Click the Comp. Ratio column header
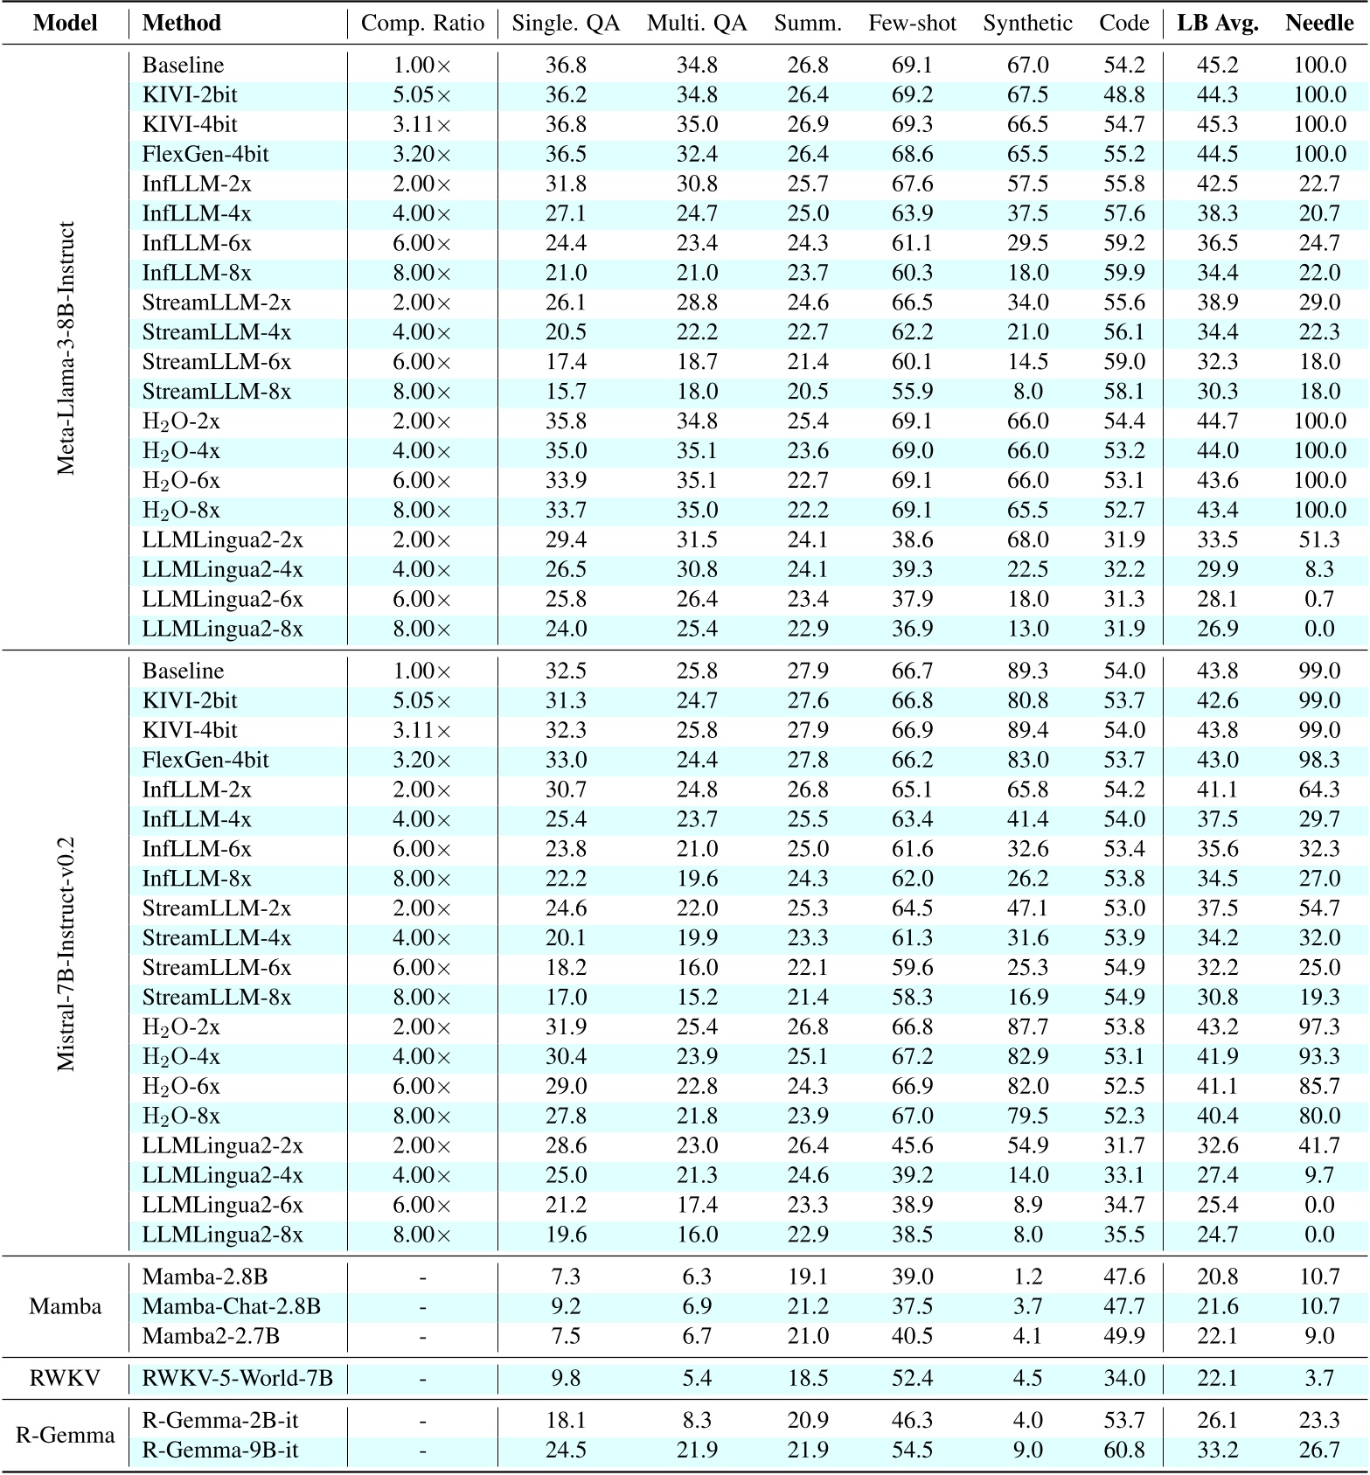pyautogui.click(x=422, y=24)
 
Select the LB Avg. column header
pyautogui.click(x=1218, y=24)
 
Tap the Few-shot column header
pyautogui.click(x=912, y=24)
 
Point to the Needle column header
pyautogui.click(x=1319, y=24)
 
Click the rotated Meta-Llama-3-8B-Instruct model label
pyautogui.click(x=66, y=348)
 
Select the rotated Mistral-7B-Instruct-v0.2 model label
pyautogui.click(x=66, y=954)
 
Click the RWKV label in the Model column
pyautogui.click(x=65, y=1379)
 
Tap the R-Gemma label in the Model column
pyautogui.click(x=65, y=1435)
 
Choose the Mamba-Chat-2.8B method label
pyautogui.click(x=231, y=1306)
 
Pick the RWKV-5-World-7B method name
pyautogui.click(x=237, y=1379)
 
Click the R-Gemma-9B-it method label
pyautogui.click(x=219, y=1450)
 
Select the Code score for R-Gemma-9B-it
pyautogui.click(x=1123, y=1450)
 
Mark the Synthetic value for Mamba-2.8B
pyautogui.click(x=1027, y=1277)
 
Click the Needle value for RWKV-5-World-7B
pyautogui.click(x=1319, y=1379)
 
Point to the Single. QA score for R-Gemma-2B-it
pyautogui.click(x=566, y=1420)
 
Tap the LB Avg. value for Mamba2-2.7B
pyautogui.click(x=1218, y=1336)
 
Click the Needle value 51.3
pyautogui.click(x=1319, y=539)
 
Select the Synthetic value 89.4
pyautogui.click(x=1027, y=730)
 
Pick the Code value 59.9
pyautogui.click(x=1123, y=273)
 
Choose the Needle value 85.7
pyautogui.click(x=1319, y=1086)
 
